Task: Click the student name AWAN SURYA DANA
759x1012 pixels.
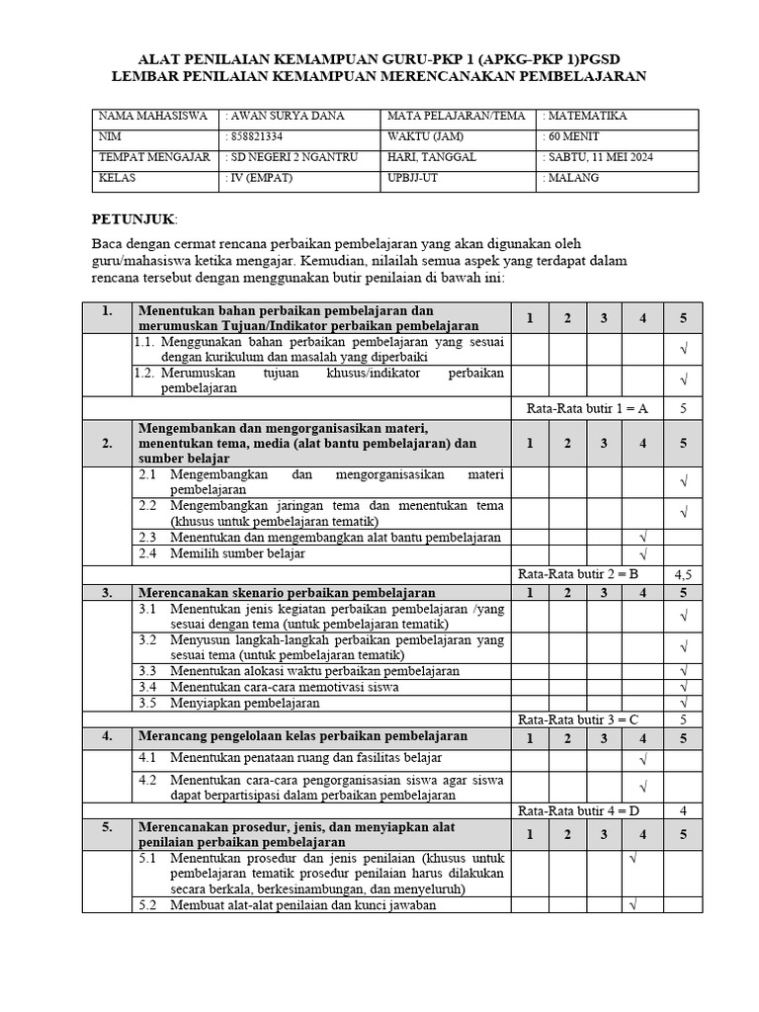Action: click(x=286, y=116)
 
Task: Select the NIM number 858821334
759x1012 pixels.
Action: click(x=254, y=136)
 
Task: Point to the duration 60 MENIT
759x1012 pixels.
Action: click(x=571, y=136)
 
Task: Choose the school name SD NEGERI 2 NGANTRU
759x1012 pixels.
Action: click(x=291, y=157)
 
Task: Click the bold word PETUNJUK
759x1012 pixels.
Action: click(x=133, y=217)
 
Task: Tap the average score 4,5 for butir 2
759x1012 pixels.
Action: click(x=683, y=573)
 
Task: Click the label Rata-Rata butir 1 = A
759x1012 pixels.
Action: click(x=583, y=408)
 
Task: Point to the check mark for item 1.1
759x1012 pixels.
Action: click(x=683, y=349)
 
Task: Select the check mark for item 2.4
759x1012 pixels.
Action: click(x=642, y=553)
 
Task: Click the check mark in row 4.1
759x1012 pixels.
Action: click(x=642, y=759)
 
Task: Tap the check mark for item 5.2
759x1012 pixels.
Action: click(x=632, y=903)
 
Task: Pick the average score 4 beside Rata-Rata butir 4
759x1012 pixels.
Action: click(x=683, y=810)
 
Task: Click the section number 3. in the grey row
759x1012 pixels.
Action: click(x=108, y=592)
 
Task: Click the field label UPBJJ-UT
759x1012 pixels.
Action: click(x=412, y=178)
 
